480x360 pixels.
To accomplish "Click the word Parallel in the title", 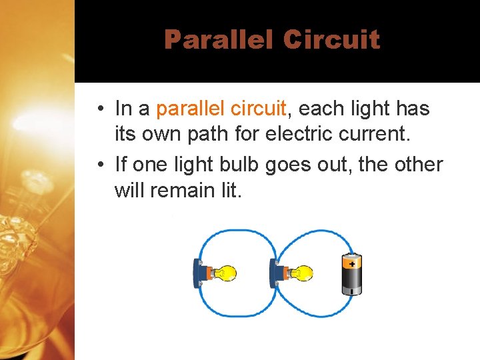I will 218,39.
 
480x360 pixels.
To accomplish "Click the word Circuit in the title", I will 331,39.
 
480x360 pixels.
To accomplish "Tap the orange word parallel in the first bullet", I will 189,108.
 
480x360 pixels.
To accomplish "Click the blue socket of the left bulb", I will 199,273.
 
